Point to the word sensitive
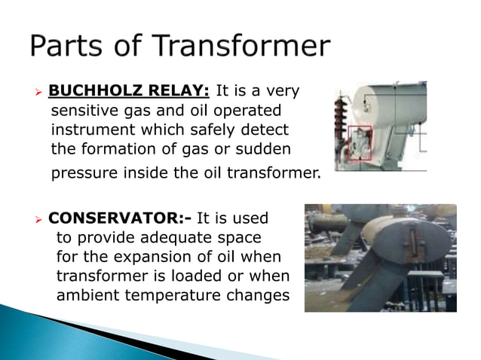point(81,111)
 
